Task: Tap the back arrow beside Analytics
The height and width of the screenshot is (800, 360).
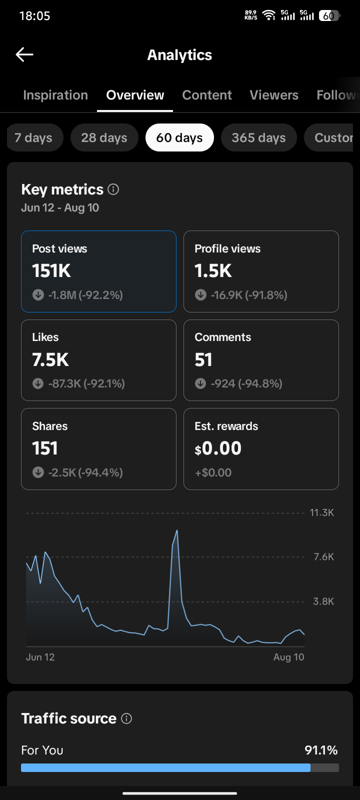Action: pyautogui.click(x=24, y=54)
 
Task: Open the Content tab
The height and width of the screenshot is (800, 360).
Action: pyautogui.click(x=207, y=95)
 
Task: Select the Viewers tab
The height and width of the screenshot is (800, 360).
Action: pyautogui.click(x=274, y=95)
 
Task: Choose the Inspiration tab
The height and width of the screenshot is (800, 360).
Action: pyautogui.click(x=55, y=95)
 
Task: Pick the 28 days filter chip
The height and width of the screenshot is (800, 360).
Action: pyautogui.click(x=104, y=137)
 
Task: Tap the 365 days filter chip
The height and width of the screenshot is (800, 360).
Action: pyautogui.click(x=259, y=137)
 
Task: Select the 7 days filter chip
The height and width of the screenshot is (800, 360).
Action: pyautogui.click(x=35, y=137)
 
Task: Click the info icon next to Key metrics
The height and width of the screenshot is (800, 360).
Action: pyautogui.click(x=113, y=189)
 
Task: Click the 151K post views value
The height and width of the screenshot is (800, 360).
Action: pyautogui.click(x=51, y=270)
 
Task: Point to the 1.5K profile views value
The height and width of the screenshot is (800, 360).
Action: pyautogui.click(x=213, y=270)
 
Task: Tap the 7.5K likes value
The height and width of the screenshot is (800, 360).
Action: pyautogui.click(x=50, y=359)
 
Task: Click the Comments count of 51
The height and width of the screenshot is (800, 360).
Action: pyautogui.click(x=203, y=359)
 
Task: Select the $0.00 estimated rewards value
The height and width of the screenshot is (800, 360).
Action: pyautogui.click(x=218, y=448)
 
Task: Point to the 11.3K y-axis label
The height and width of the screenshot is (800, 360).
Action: pyautogui.click(x=322, y=512)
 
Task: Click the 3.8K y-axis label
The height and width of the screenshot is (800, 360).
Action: pyautogui.click(x=323, y=601)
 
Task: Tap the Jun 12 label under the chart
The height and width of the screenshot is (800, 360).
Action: pyautogui.click(x=40, y=657)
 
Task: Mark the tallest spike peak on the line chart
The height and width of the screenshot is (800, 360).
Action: pyautogui.click(x=177, y=530)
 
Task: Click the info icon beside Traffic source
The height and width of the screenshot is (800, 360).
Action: pyautogui.click(x=126, y=718)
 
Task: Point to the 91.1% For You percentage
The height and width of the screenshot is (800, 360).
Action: pyautogui.click(x=321, y=750)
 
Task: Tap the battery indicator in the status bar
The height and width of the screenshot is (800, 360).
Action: pyautogui.click(x=329, y=15)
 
